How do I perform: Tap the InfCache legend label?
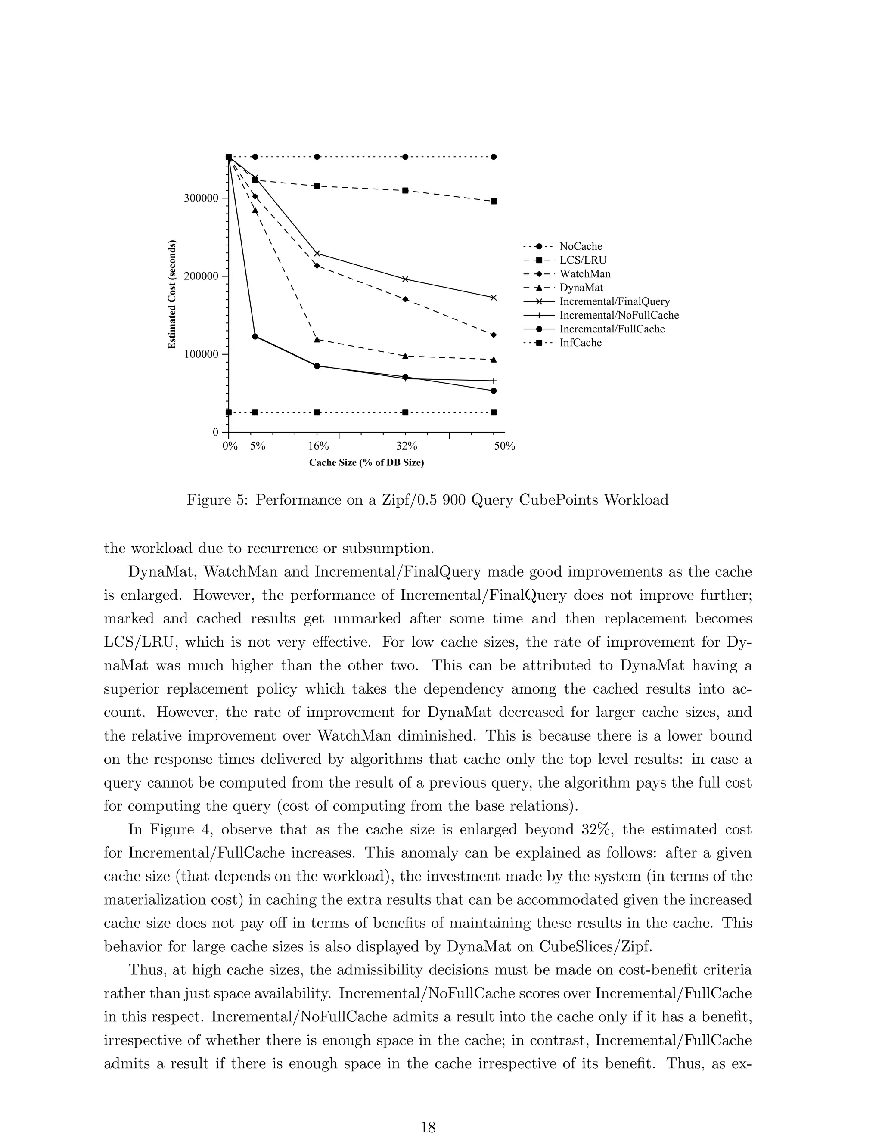click(580, 343)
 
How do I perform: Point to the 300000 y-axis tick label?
click(201, 198)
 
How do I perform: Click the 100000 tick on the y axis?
click(201, 354)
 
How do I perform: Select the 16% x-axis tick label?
click(318, 446)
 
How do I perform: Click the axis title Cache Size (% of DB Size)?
click(366, 463)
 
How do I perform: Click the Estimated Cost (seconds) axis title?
click(172, 295)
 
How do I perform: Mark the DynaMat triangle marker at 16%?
click(317, 340)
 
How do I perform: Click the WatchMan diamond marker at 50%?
click(494, 335)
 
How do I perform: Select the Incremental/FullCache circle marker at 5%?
click(255, 336)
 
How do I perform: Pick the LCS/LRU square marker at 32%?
click(405, 190)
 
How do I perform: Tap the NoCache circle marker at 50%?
click(494, 157)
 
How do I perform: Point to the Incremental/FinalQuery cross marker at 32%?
click(405, 279)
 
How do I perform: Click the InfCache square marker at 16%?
click(317, 413)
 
